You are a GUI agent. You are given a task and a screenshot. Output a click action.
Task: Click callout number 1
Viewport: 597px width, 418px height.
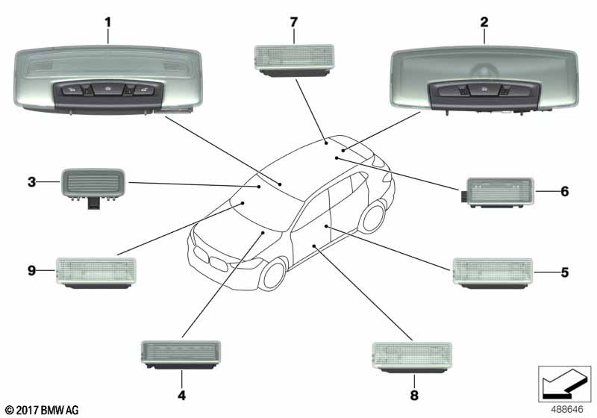107,22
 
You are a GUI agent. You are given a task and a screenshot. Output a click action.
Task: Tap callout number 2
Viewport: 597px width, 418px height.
484,22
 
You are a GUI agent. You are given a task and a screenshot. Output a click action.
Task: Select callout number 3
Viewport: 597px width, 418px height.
31,181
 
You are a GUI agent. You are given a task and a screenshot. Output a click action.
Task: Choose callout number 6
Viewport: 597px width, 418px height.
565,192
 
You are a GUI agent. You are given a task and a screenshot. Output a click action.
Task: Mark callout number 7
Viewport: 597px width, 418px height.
293,22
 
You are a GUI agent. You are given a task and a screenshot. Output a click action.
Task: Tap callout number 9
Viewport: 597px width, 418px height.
31,272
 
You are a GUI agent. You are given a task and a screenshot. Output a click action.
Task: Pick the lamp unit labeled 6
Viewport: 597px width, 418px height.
498,193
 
